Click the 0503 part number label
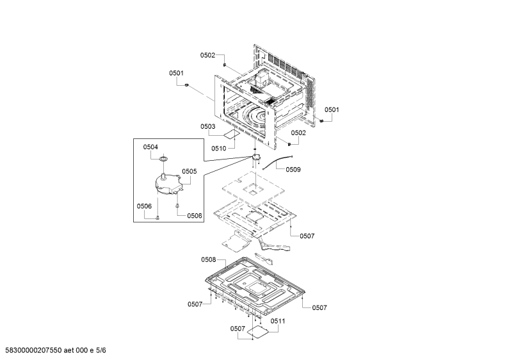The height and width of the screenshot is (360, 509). click(207, 126)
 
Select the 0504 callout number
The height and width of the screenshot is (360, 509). click(150, 147)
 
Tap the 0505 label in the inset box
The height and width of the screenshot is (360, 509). click(190, 171)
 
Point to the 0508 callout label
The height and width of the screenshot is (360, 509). click(209, 259)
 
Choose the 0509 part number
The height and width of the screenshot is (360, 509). click(293, 169)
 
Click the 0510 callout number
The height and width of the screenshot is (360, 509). click(219, 149)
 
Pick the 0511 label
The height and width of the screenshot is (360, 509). click(278, 321)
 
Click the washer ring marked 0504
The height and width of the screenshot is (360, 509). click(164, 159)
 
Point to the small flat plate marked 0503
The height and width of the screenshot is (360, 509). click(232, 134)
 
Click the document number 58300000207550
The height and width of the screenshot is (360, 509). click(33, 350)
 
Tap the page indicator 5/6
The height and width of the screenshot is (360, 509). click(101, 350)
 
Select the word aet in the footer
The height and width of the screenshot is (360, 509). click(69, 350)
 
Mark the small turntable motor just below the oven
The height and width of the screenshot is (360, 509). click(257, 158)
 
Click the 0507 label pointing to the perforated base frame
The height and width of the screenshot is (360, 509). click(307, 236)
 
